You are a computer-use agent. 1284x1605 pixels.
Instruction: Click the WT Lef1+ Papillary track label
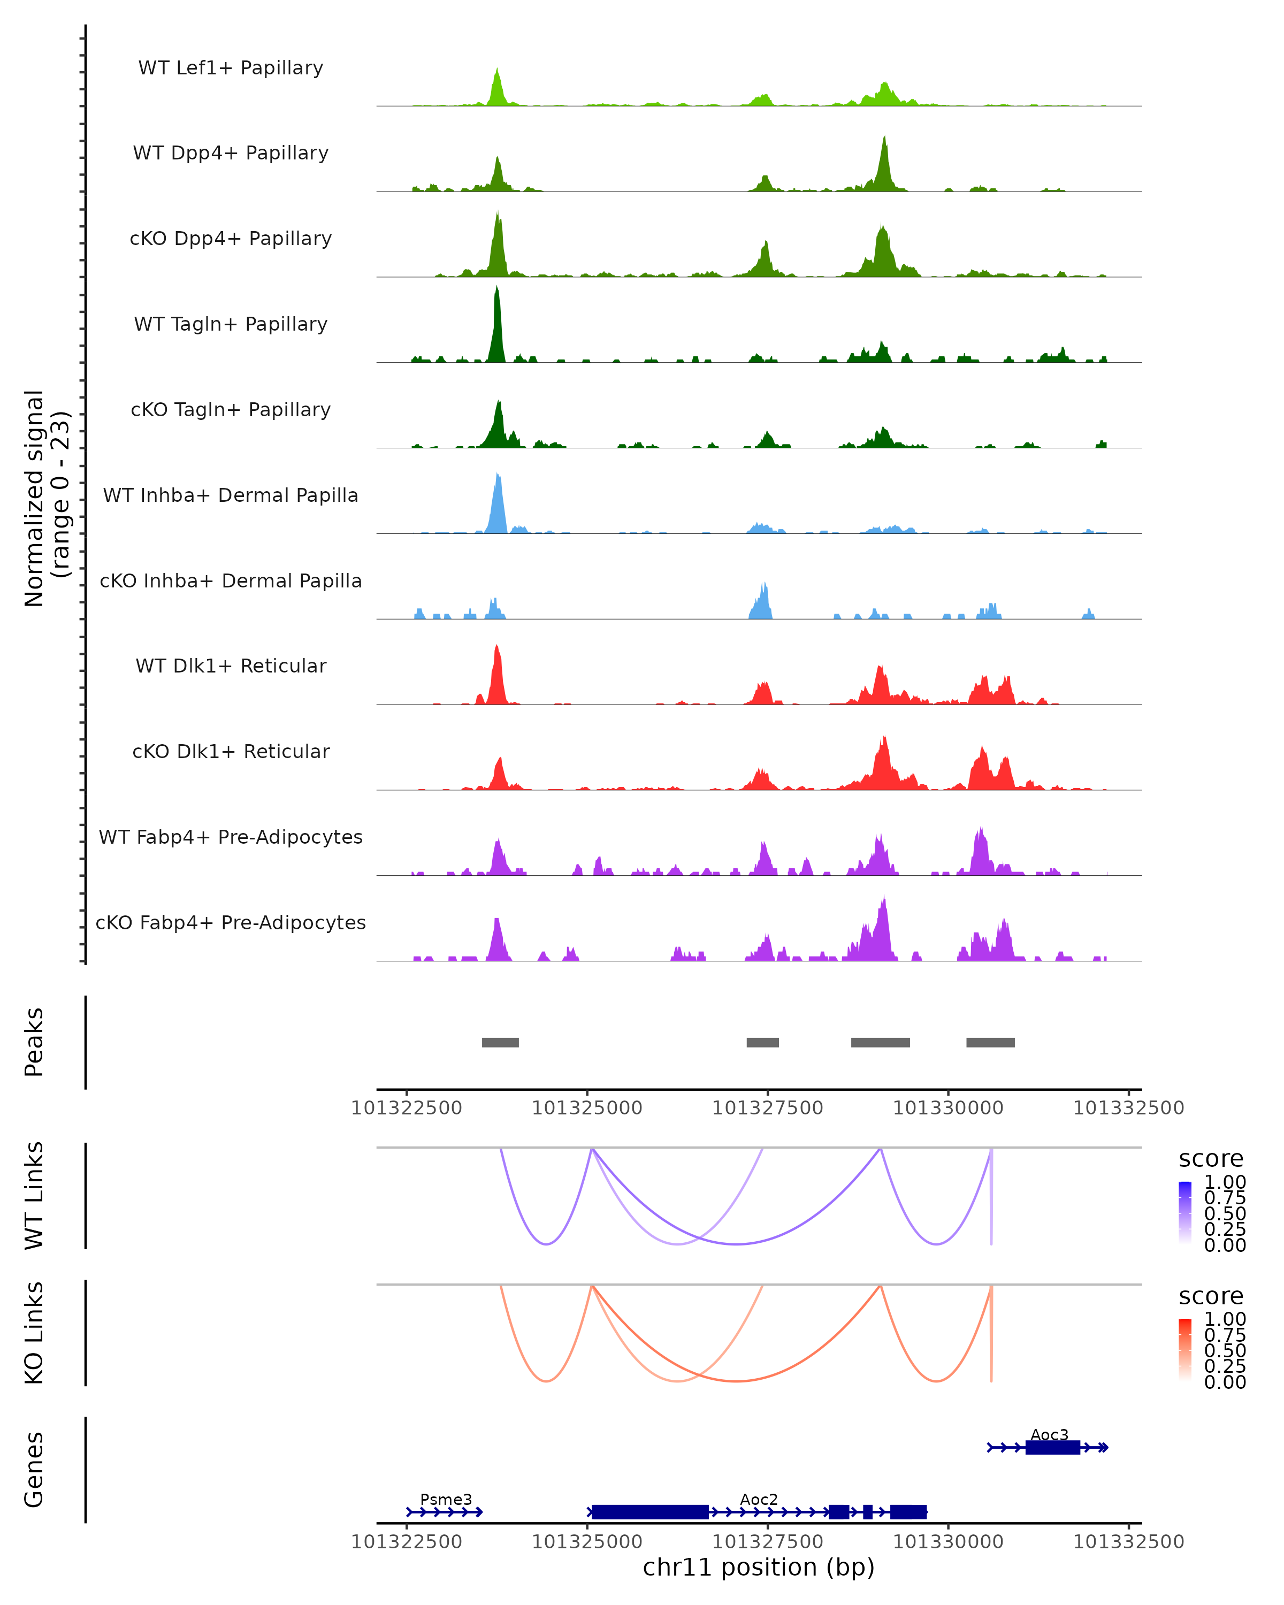(231, 68)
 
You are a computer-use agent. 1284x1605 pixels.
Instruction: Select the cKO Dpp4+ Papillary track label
(231, 239)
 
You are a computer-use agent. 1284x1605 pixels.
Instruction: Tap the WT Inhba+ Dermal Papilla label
(231, 496)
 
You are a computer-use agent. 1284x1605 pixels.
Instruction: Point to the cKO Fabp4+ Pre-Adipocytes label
(231, 923)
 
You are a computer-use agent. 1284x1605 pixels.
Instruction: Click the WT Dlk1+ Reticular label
(231, 666)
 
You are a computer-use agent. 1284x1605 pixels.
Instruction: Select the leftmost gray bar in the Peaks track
(500, 1042)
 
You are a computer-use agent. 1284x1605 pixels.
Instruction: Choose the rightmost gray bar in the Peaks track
(990, 1042)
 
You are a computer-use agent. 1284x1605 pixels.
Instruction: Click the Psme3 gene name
(446, 1499)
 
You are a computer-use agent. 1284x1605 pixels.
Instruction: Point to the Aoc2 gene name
(759, 1499)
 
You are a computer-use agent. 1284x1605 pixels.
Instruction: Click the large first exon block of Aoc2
(650, 1512)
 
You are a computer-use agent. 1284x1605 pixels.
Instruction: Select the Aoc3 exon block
(1052, 1447)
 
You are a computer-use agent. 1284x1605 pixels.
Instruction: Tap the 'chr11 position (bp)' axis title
(759, 1568)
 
